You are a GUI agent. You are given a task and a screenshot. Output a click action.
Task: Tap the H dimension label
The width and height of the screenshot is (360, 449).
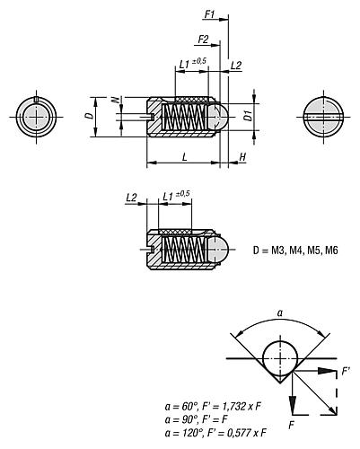[x=242, y=156]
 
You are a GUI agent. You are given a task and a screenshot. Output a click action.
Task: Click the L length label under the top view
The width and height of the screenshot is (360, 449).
[x=183, y=156]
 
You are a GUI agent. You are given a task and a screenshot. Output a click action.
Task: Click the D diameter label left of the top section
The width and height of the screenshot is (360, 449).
[x=86, y=116]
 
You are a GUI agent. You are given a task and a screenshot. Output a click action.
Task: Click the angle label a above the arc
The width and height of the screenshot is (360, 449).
[x=279, y=313]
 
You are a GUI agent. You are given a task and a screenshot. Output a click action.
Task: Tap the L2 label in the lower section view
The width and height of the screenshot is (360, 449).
[x=132, y=198]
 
